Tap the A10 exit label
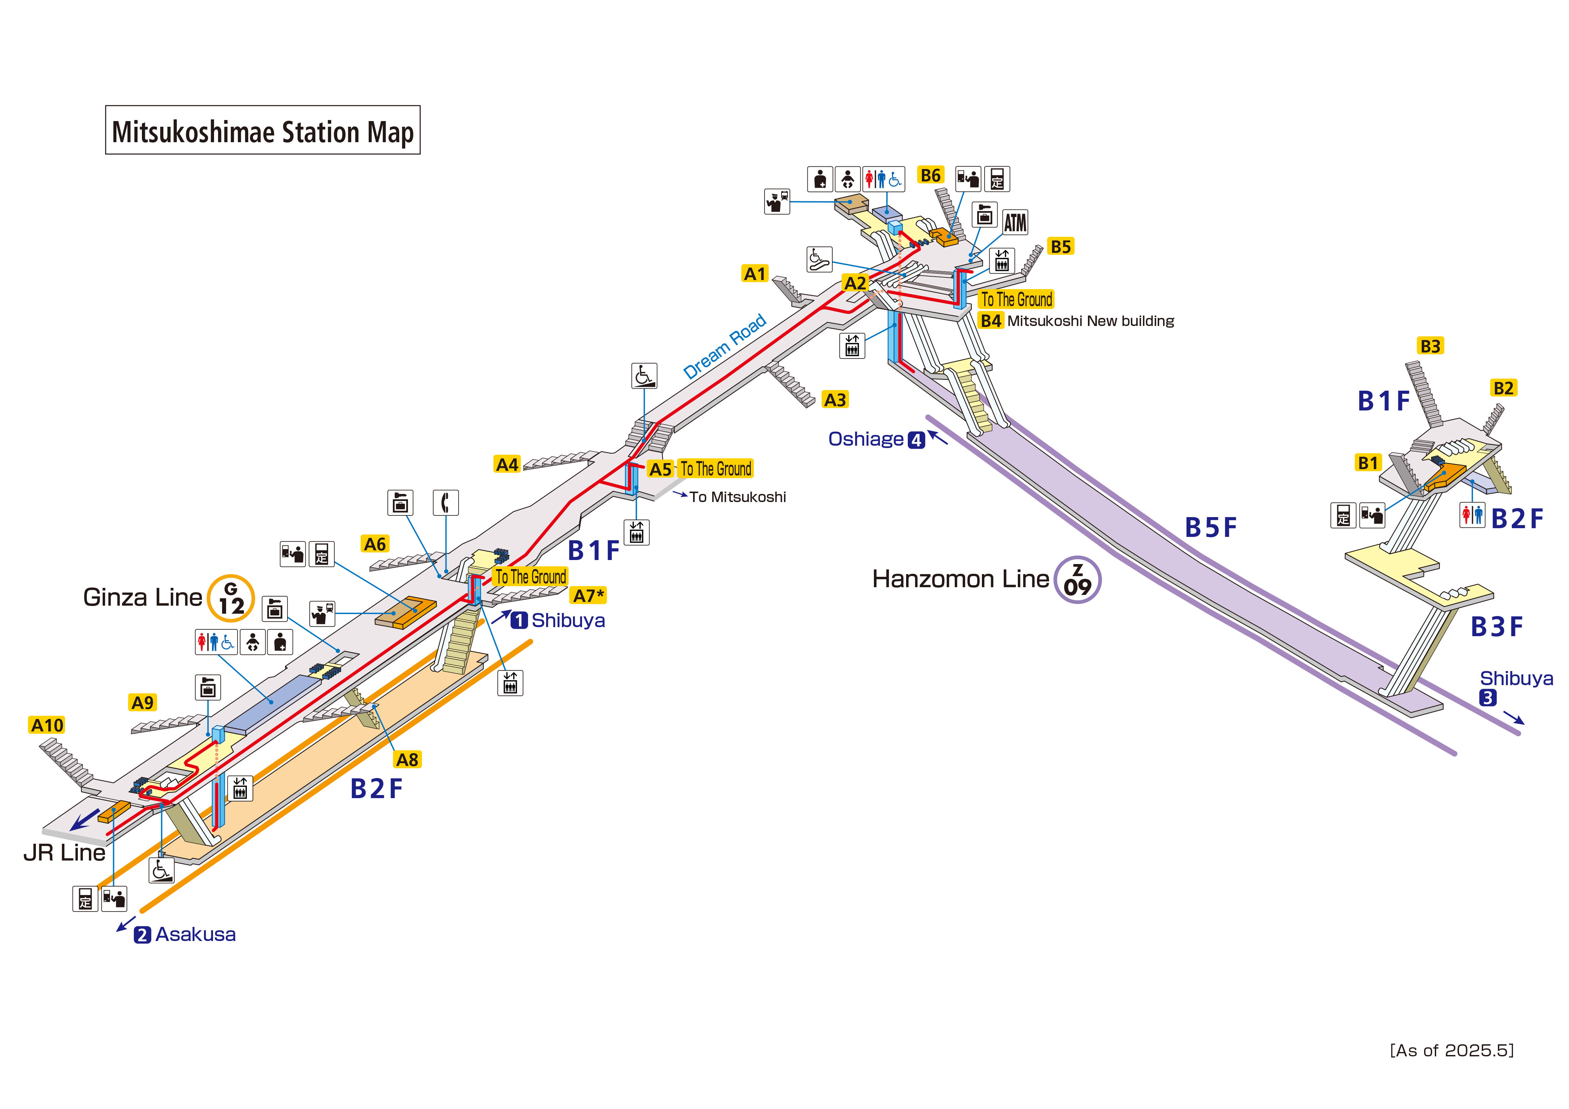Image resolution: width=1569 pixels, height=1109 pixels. click(x=47, y=725)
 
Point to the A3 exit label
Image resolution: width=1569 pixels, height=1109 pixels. click(x=835, y=400)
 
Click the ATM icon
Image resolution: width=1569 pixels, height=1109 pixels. click(x=1015, y=223)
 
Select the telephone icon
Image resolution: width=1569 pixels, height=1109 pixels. click(x=446, y=503)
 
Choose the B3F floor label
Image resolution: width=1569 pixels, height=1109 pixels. click(x=1497, y=626)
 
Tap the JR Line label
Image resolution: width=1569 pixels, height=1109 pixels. click(x=64, y=853)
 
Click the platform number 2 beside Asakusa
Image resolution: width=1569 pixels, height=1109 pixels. click(x=142, y=935)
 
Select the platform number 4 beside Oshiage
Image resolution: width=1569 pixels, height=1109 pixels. click(x=917, y=440)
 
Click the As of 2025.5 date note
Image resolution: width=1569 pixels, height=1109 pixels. click(x=1452, y=1050)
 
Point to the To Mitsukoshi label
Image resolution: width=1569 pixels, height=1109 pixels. click(x=737, y=497)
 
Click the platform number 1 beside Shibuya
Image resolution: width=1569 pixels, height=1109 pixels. click(x=519, y=620)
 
